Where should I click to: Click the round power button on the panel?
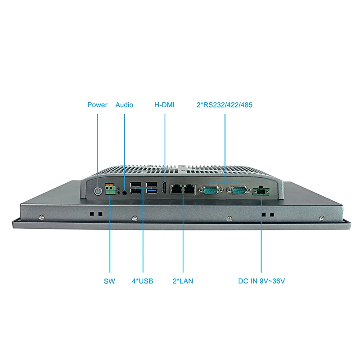click(x=98, y=191)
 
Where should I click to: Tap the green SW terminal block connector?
click(x=110, y=190)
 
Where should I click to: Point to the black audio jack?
click(x=124, y=192)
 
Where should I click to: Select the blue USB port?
click(x=153, y=191)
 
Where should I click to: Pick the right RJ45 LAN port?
click(x=190, y=190)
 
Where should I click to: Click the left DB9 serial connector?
click(x=211, y=191)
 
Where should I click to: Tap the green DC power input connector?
click(x=261, y=191)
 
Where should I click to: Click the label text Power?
click(x=97, y=105)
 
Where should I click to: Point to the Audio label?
click(x=124, y=105)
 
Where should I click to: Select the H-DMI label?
click(x=164, y=105)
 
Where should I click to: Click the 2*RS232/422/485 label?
click(x=225, y=105)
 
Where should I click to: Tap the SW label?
click(x=109, y=281)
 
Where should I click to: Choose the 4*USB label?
click(x=142, y=281)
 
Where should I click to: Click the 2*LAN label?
click(x=183, y=281)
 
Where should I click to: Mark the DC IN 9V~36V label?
click(x=262, y=281)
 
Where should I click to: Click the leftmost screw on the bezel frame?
click(x=41, y=217)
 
